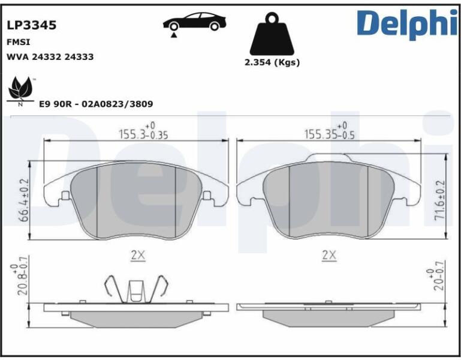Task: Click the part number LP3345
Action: (31, 25)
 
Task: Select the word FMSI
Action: (18, 43)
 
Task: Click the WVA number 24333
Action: (79, 56)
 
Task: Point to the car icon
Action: (195, 22)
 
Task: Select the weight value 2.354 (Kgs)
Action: (272, 62)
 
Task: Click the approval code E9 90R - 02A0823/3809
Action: (96, 104)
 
